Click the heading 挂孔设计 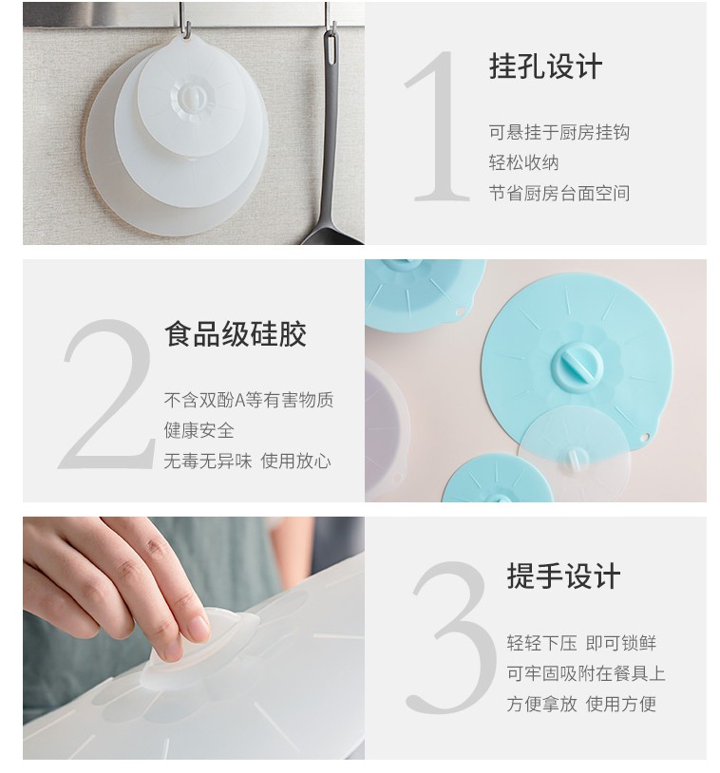click(545, 66)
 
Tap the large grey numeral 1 click(437, 126)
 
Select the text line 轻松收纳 click(523, 162)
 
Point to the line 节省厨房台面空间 click(559, 194)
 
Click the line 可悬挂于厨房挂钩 click(559, 133)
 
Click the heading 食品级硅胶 click(236, 333)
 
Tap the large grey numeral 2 click(106, 394)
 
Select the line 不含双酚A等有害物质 click(249, 400)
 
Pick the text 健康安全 click(199, 430)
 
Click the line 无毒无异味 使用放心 click(247, 461)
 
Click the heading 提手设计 click(563, 575)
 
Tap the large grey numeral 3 click(449, 637)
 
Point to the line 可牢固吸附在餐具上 click(586, 673)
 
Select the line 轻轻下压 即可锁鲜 click(581, 643)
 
